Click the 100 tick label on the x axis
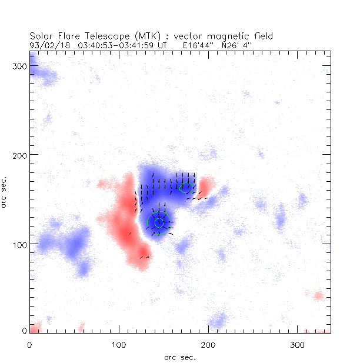[x=119, y=344]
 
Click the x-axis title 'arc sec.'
[x=180, y=357]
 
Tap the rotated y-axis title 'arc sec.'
[x=5, y=194]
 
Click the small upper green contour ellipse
[x=186, y=188]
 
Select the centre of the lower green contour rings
[x=158, y=222]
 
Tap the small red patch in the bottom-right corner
[x=318, y=295]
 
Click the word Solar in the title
[x=42, y=36]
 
